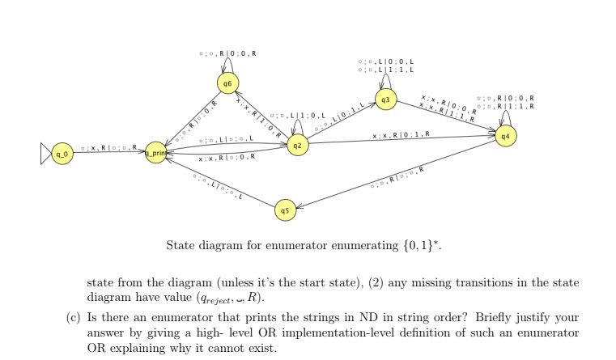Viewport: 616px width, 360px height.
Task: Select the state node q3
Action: tap(386, 100)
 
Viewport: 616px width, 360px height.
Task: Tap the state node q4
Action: tap(505, 136)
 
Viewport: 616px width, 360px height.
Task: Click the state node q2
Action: tap(298, 146)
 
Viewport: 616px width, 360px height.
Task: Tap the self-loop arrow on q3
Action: tap(387, 82)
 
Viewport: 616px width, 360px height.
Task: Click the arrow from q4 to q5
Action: tap(397, 173)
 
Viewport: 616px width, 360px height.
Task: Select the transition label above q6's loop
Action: tap(227, 53)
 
